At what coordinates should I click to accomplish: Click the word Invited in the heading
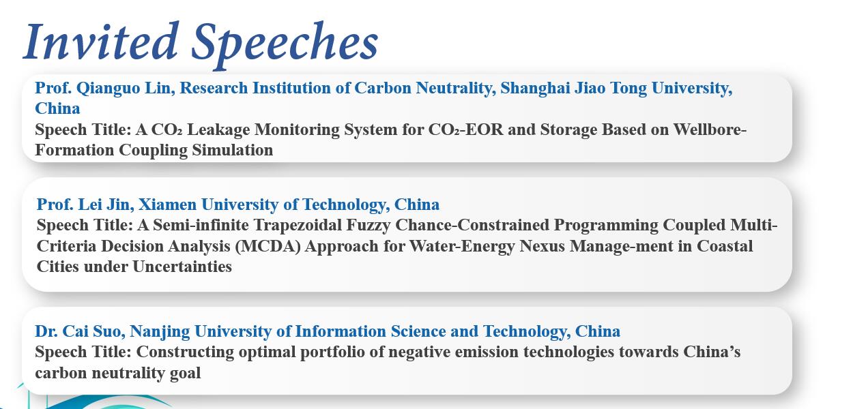(x=101, y=41)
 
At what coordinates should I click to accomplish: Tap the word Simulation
(x=232, y=150)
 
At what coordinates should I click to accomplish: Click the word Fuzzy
(x=368, y=226)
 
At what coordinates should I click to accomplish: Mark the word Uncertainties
(x=182, y=267)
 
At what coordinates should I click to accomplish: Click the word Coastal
(x=725, y=246)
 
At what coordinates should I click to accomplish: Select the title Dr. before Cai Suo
(x=46, y=331)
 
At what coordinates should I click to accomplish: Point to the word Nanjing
(x=160, y=332)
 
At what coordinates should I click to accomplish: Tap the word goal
(x=185, y=374)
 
